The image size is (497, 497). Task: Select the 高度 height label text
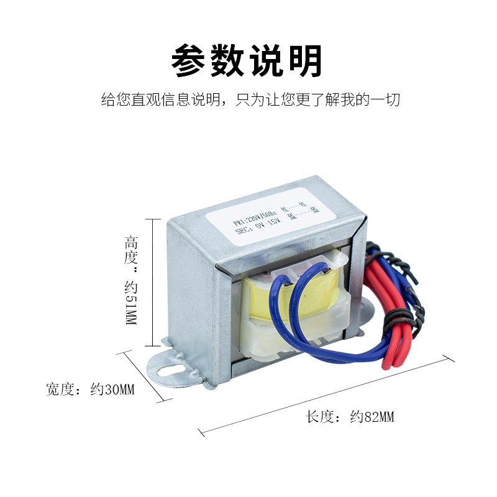point(130,248)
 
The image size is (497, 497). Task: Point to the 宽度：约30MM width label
point(90,390)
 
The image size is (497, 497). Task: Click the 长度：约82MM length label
point(350,417)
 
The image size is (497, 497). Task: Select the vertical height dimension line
point(153,283)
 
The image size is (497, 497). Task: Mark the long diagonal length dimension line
point(326,394)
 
